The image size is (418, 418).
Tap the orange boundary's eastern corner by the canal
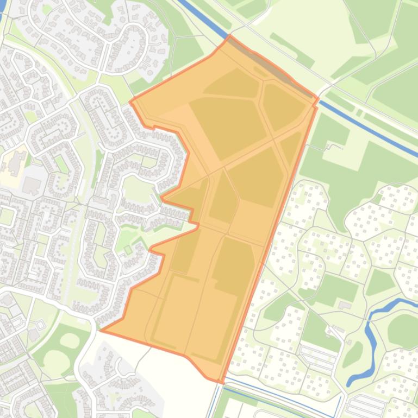(x=317, y=98)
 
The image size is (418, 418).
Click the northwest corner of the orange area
(x=131, y=100)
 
